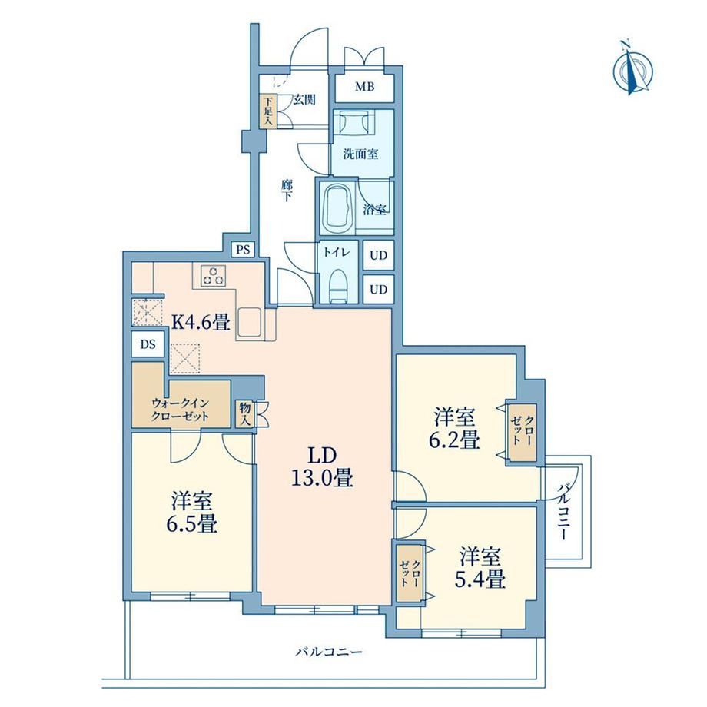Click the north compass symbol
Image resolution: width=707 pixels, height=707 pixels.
click(x=632, y=69)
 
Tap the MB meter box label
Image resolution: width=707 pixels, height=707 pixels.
click(x=364, y=86)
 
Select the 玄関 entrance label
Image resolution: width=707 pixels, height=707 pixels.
click(x=304, y=99)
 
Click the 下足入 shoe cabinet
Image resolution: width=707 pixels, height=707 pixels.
click(x=268, y=111)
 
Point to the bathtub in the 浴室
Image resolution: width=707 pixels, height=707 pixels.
click(x=337, y=207)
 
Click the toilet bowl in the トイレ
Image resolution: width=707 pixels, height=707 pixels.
click(x=337, y=286)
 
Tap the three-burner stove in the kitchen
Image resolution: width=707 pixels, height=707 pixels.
click(x=214, y=275)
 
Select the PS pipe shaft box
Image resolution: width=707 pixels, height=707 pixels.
click(x=244, y=249)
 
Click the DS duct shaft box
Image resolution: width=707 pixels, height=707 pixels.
click(x=148, y=344)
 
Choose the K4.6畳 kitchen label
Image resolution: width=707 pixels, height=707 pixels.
click(x=201, y=322)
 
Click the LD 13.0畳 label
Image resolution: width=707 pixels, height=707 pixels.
click(x=322, y=467)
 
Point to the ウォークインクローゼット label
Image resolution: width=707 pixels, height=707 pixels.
click(x=180, y=409)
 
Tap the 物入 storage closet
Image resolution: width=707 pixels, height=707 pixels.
click(x=245, y=413)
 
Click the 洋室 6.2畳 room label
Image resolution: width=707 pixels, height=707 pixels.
click(x=455, y=428)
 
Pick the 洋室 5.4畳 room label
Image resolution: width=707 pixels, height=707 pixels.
click(x=480, y=568)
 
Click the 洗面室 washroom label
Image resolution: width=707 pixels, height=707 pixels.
click(x=360, y=154)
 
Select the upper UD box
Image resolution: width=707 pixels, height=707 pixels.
click(x=379, y=255)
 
